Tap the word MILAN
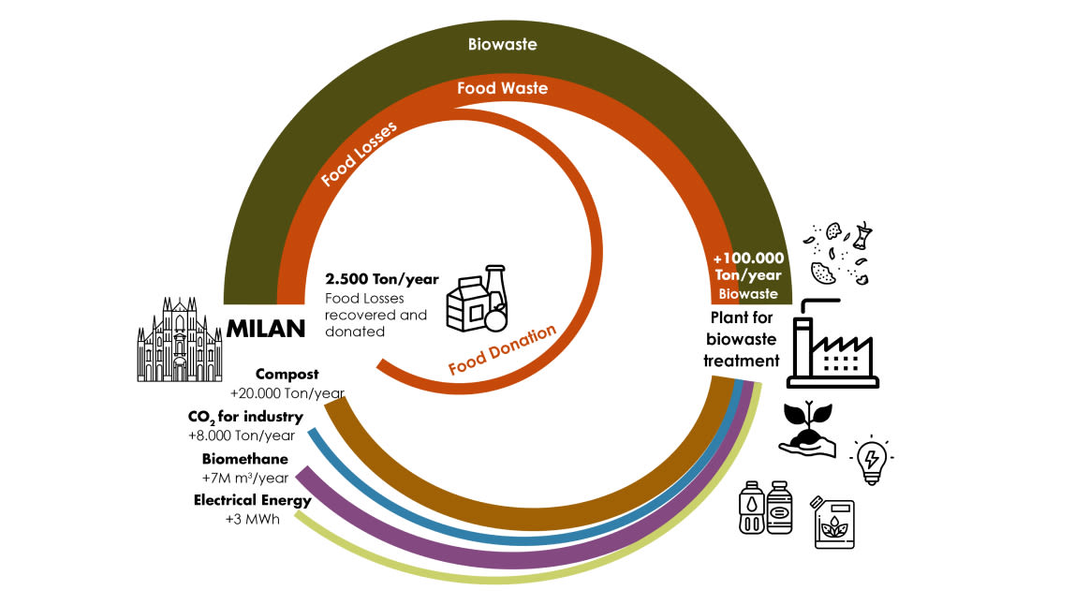(x=266, y=329)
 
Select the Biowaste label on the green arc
(x=502, y=44)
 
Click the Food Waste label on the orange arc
(x=502, y=89)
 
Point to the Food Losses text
(x=359, y=154)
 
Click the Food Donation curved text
(x=502, y=349)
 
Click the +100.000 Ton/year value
(x=747, y=266)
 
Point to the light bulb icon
(x=871, y=459)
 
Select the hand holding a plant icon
(x=808, y=431)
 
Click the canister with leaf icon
(x=832, y=522)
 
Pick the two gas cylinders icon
(x=765, y=508)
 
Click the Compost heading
(x=287, y=374)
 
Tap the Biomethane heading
(x=244, y=459)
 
